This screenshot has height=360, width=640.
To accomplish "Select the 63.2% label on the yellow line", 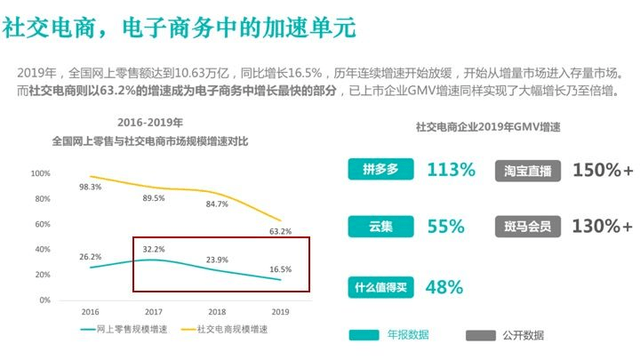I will tap(280, 232).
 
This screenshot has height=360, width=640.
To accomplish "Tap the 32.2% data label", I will tap(153, 249).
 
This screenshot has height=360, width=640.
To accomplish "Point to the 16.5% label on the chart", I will tap(280, 268).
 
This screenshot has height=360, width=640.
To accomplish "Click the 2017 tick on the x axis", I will tap(153, 312).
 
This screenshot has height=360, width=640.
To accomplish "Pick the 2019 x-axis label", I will tap(280, 312).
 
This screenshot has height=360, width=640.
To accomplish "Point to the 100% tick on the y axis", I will tap(40, 173).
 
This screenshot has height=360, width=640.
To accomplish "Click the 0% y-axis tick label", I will tap(44, 300).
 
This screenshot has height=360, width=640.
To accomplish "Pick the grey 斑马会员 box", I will tap(527, 226).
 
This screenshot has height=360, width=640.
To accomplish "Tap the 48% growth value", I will tap(444, 286).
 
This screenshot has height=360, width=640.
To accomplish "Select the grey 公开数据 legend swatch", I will tap(481, 335).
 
